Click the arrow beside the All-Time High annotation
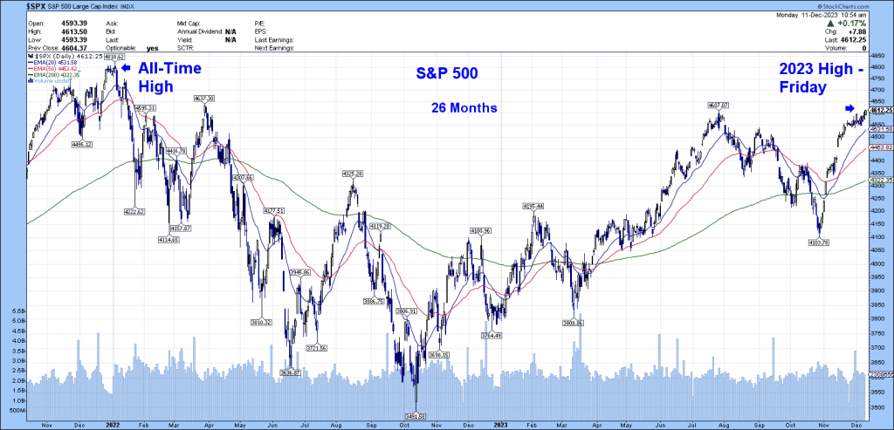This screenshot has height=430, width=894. coord(126,67)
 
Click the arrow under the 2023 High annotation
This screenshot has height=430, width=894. coord(848,108)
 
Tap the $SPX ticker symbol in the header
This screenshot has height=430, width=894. coord(15,6)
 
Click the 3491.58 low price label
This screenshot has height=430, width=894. coord(415,417)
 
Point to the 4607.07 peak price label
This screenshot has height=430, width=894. coord(716,105)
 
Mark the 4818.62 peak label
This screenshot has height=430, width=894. coord(102,56)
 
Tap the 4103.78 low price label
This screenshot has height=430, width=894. coord(819,242)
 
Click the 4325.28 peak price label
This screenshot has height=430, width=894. coord(351,174)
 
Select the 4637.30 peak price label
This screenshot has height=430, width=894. coord(204,99)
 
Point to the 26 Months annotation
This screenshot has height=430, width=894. coord(463,109)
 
